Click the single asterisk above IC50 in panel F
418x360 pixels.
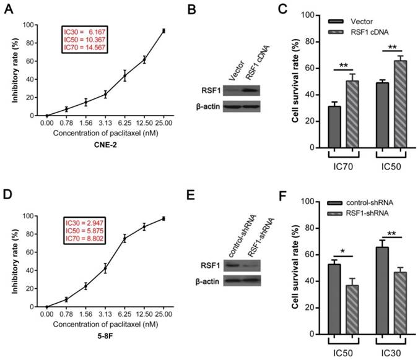tap(326, 236)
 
